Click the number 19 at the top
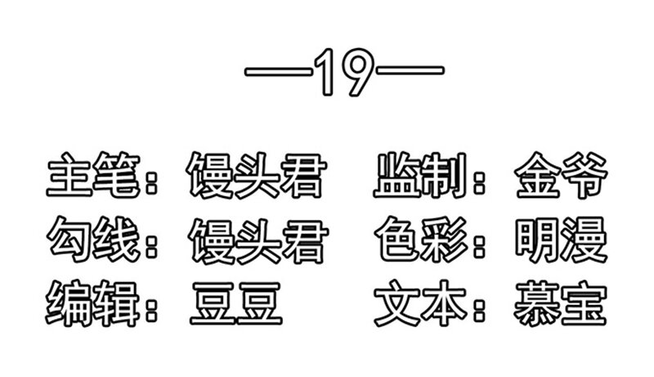pos(343,72)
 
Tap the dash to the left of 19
pos(279,71)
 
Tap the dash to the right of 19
pos(410,70)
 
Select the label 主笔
pos(93,175)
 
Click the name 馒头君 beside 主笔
pos(256,175)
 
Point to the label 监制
pos(420,175)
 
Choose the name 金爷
pos(561,175)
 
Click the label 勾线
pos(93,240)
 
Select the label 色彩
pos(420,240)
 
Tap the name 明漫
pos(561,240)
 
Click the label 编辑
pos(93,303)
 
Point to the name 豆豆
pos(236,303)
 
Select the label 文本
pos(420,303)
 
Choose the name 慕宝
pos(560,303)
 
